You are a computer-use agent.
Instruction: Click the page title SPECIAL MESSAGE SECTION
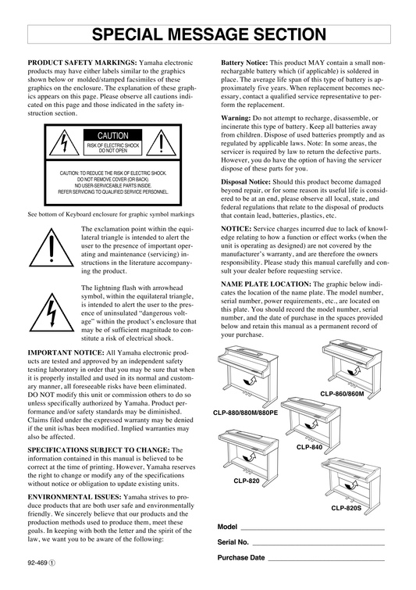coord(209,34)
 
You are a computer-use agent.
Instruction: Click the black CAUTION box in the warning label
coord(112,135)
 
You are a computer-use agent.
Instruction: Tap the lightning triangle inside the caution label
coord(64,143)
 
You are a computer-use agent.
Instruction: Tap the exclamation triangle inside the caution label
coord(161,143)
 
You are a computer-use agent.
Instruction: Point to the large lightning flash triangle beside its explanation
coord(52,313)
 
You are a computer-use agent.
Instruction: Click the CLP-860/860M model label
coord(342,394)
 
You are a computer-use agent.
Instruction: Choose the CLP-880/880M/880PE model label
coord(245,413)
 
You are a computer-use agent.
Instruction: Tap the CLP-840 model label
coord(309,447)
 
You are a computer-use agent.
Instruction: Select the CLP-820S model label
coord(346,508)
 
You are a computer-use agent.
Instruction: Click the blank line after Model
coord(313,529)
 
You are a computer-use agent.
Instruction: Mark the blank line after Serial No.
coord(318,545)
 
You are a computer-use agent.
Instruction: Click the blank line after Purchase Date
coord(326,560)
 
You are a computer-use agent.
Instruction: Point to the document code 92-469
coord(37,563)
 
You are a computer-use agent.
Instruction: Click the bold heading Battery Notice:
coord(244,63)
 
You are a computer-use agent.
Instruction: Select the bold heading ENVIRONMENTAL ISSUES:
coord(74,497)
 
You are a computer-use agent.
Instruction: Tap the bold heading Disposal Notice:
coord(246,182)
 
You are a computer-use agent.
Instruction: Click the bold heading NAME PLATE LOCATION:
coord(266,284)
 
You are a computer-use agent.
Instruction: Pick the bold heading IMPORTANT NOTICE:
coord(66,353)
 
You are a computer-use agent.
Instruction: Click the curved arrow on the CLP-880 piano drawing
coord(251,379)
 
